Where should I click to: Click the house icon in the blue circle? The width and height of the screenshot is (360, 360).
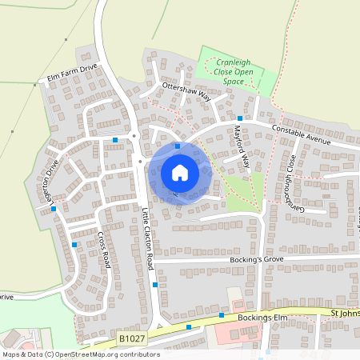(x=179, y=172)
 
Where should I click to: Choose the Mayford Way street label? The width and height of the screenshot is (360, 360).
(x=242, y=147)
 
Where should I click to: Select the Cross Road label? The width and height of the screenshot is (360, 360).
(x=103, y=250)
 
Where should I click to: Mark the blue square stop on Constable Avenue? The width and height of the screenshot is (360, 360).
(x=240, y=118)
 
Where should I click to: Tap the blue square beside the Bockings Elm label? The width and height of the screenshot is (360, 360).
(x=222, y=315)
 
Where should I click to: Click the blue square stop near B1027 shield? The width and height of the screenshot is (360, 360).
(x=189, y=326)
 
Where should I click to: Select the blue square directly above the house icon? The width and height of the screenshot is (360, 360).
(x=178, y=136)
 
